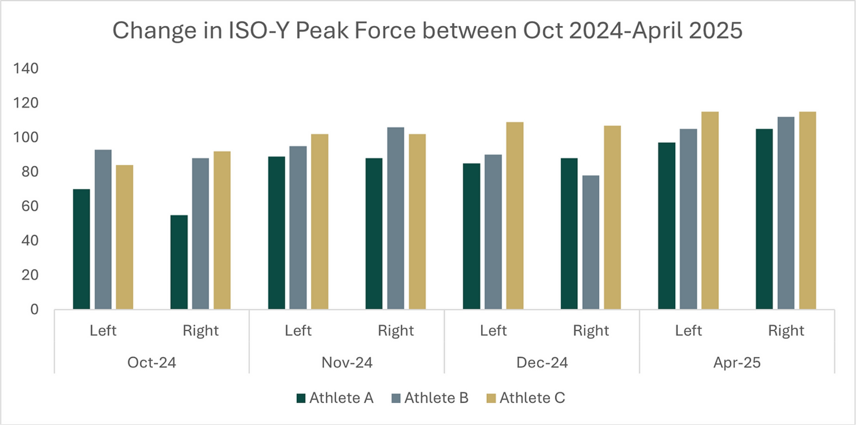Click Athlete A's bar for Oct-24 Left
pyautogui.click(x=81, y=249)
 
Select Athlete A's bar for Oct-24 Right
pyautogui.click(x=179, y=262)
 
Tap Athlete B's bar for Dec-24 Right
pyautogui.click(x=591, y=242)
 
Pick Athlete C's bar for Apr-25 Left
pyautogui.click(x=710, y=210)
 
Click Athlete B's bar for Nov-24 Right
pyautogui.click(x=395, y=218)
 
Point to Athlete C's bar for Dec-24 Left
pyautogui.click(x=515, y=216)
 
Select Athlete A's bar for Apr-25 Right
pyautogui.click(x=764, y=219)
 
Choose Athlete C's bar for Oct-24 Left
pyautogui.click(x=125, y=237)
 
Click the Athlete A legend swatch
pyautogui.click(x=301, y=399)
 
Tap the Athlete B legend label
pyautogui.click(x=436, y=398)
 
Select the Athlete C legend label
pyautogui.click(x=532, y=398)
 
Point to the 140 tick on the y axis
pyautogui.click(x=26, y=68)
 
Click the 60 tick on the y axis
pyautogui.click(x=30, y=206)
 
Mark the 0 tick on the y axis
pyautogui.click(x=34, y=310)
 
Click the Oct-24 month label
pyautogui.click(x=152, y=363)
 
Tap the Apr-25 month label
pyautogui.click(x=737, y=363)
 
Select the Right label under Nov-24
pyautogui.click(x=395, y=331)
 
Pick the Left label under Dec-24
pyautogui.click(x=493, y=331)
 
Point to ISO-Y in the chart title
pyautogui.click(x=258, y=31)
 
